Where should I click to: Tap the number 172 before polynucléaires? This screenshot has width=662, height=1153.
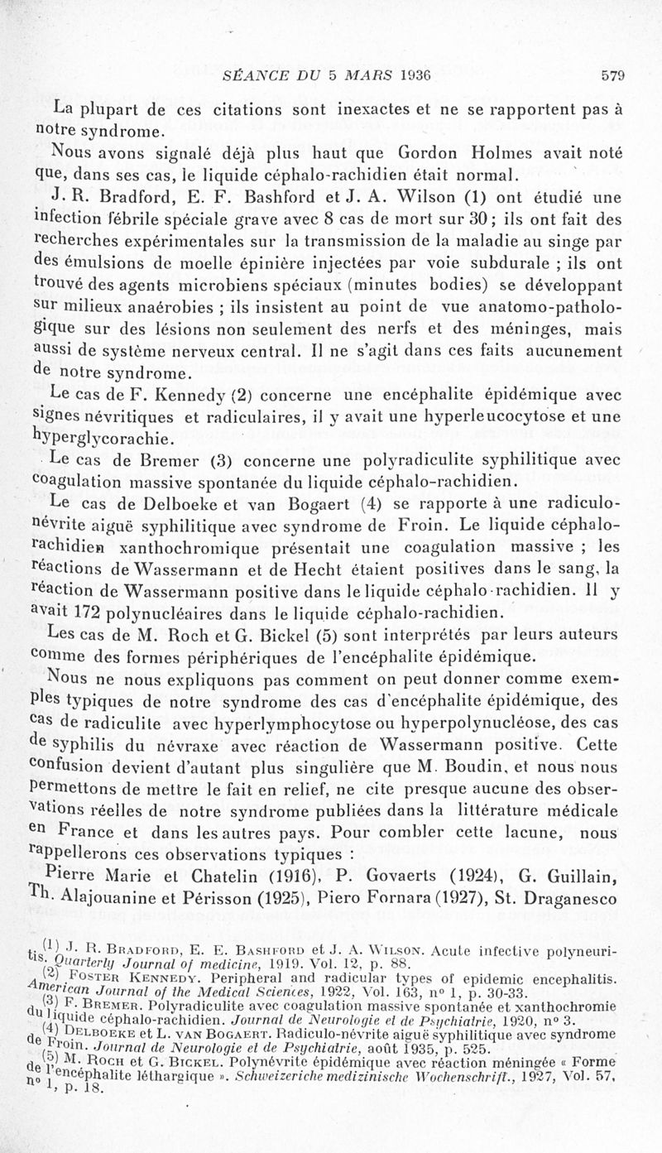[101, 613]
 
